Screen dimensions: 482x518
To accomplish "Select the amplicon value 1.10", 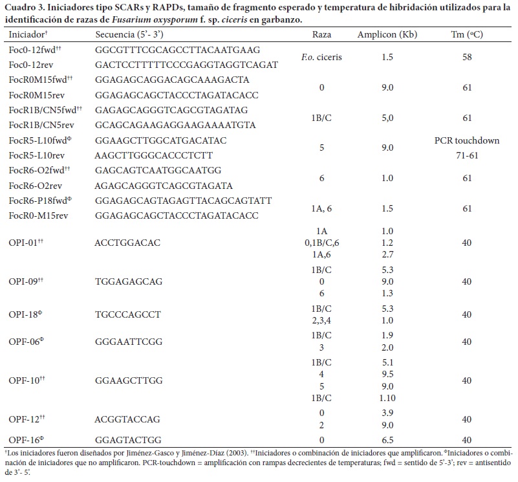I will pyautogui.click(x=387, y=398).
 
